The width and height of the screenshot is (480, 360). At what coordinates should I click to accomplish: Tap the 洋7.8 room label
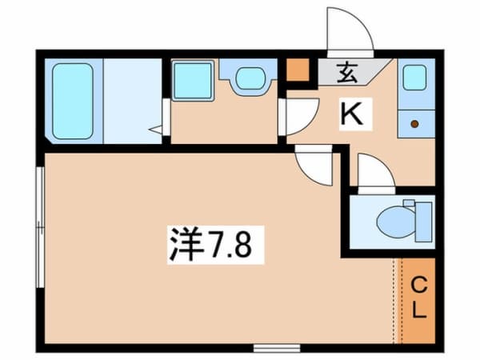point(210,241)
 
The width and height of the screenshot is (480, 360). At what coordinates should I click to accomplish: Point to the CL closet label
point(418,296)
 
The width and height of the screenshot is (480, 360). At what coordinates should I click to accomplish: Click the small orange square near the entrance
point(298,70)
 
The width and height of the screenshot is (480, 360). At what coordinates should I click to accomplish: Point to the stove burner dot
point(414,123)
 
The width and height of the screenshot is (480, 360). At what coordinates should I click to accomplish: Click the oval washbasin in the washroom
point(250,78)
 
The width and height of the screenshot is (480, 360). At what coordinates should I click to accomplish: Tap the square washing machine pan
point(191,80)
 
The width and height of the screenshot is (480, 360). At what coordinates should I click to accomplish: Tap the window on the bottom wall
point(276,347)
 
